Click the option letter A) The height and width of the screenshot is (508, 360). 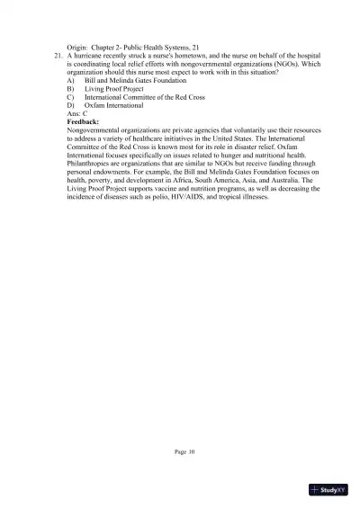[x=71, y=80]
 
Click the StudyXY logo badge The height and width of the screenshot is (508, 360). [x=328, y=490]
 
